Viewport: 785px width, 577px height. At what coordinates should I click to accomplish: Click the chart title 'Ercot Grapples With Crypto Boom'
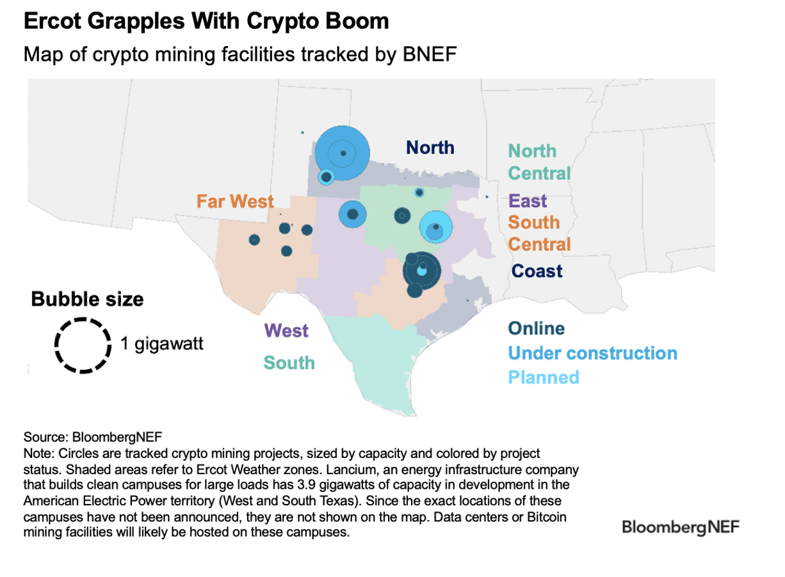tap(206, 21)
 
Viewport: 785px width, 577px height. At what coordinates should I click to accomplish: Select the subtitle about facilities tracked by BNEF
tap(240, 54)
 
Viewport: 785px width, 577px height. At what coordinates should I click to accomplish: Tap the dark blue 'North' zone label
tap(430, 148)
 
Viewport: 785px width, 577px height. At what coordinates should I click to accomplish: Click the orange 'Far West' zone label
tap(235, 202)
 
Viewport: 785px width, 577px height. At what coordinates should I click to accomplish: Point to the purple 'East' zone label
tap(528, 201)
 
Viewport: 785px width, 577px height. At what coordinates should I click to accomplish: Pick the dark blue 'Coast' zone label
tap(537, 271)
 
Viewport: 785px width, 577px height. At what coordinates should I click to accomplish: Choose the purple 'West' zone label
tap(286, 331)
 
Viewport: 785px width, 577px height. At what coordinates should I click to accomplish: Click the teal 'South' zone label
tap(289, 363)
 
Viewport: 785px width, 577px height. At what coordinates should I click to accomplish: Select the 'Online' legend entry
tap(536, 329)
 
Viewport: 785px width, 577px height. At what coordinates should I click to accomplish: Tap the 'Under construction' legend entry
tap(592, 353)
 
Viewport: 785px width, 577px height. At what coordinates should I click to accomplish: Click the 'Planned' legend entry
tap(544, 377)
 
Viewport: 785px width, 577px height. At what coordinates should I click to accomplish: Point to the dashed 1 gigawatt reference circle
tap(82, 345)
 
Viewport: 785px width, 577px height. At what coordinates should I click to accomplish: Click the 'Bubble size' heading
tap(88, 299)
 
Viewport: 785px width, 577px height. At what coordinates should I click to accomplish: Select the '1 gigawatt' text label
tap(162, 344)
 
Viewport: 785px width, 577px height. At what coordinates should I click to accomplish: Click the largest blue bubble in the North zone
tap(342, 153)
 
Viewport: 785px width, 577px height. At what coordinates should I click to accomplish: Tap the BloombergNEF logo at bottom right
tap(681, 527)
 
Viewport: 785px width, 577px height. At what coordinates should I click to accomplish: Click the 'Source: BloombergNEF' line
tap(93, 438)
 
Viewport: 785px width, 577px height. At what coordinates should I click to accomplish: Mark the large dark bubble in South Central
tap(421, 270)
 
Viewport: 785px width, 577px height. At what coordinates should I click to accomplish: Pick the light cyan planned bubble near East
tap(436, 227)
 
